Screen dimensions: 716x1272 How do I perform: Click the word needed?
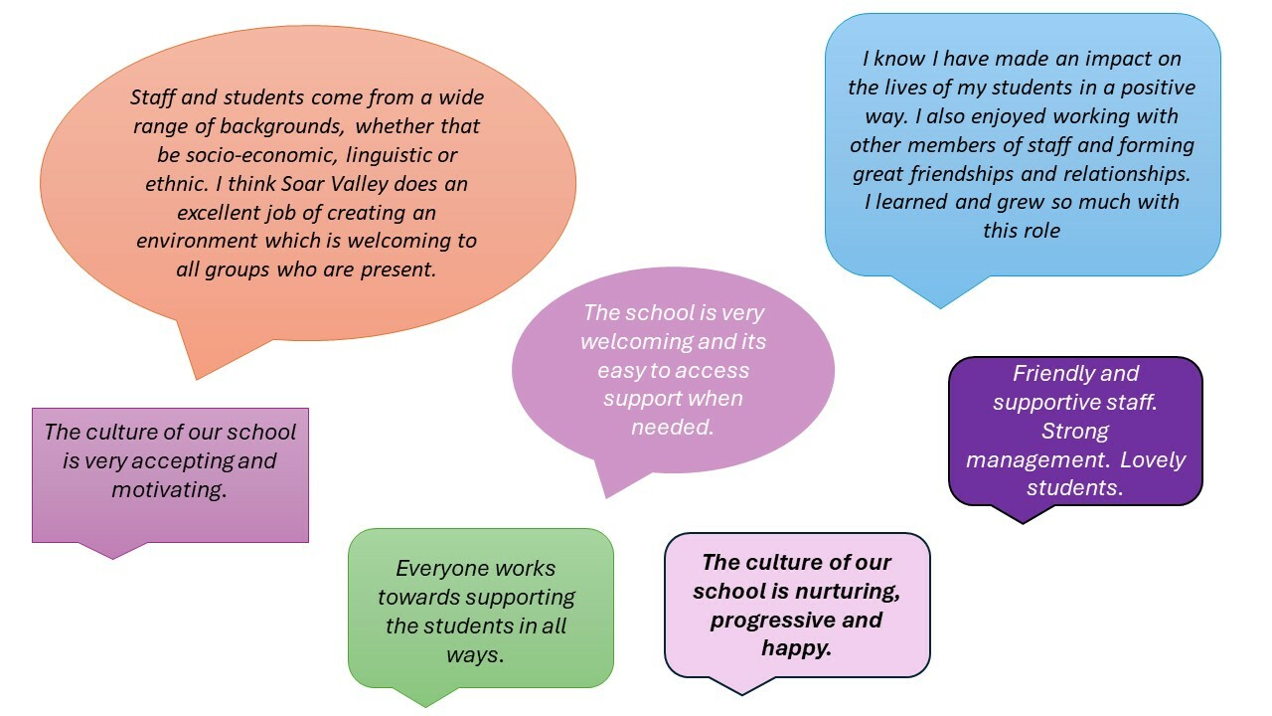(x=673, y=428)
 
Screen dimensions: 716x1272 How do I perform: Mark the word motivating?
(x=169, y=489)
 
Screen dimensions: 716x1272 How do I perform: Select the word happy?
(x=796, y=648)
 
